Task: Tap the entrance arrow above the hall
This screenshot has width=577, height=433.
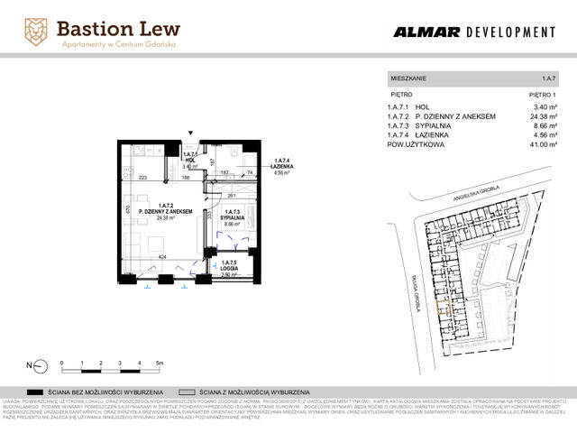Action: point(189,135)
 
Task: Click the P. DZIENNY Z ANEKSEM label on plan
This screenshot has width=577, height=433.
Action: point(166,211)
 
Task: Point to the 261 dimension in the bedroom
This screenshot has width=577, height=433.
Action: point(233,195)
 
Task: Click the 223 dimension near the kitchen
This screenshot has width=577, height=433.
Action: point(142,178)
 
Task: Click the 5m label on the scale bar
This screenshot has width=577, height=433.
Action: point(160,362)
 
